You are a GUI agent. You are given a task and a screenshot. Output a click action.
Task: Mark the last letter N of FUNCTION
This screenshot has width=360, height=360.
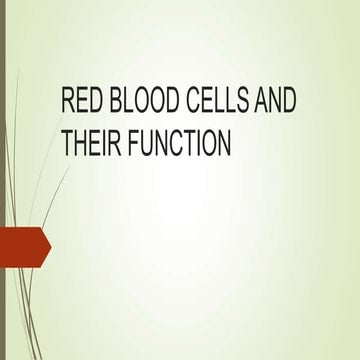pos(225,145)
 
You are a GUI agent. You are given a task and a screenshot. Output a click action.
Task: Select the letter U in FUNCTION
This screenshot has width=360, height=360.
pos(143,145)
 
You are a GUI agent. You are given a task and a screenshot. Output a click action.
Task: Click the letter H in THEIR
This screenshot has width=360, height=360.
pos(81,145)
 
